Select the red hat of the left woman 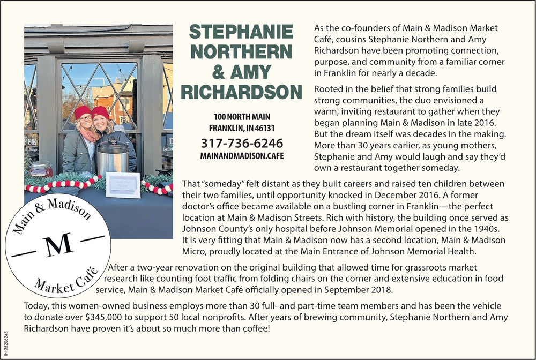coord(83,111)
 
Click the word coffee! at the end coord(255,327)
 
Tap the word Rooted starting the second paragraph coord(328,89)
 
